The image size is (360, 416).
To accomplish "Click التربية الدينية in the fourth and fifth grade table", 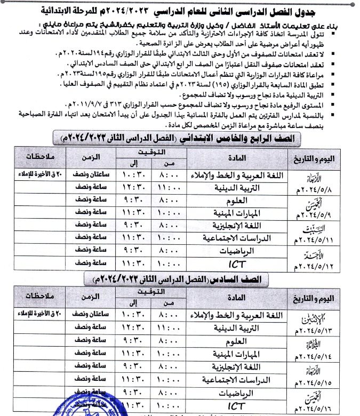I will [243, 186].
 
